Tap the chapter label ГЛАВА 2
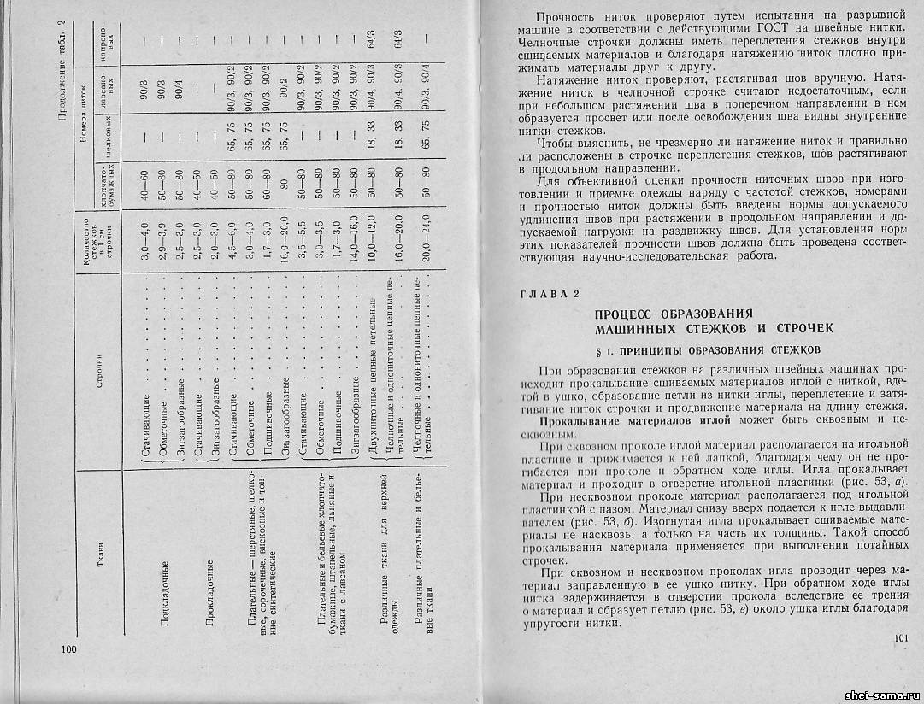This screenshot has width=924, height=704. [549, 294]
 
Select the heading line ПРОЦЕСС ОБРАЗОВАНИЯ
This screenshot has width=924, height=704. [674, 313]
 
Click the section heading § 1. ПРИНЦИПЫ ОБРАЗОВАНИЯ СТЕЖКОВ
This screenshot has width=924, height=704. [707, 349]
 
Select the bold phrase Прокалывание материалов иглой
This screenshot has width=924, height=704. [634, 420]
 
